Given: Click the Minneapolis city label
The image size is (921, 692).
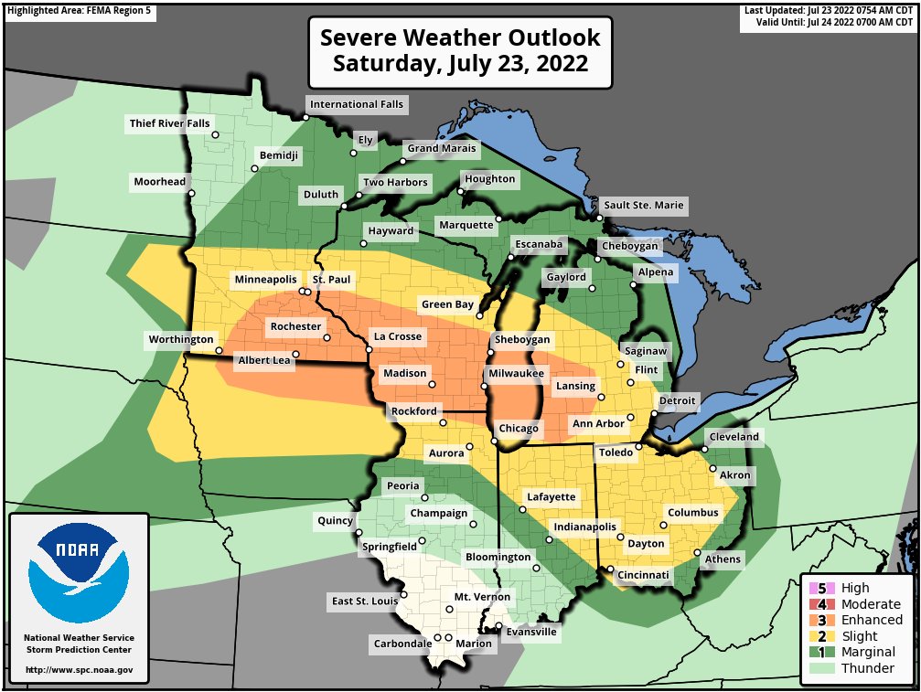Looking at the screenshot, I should tap(265, 279).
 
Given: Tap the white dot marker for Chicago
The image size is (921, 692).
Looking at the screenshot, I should tap(494, 442).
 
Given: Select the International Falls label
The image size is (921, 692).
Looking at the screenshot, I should tap(356, 104).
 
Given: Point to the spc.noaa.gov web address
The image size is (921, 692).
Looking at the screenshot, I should tap(79, 670).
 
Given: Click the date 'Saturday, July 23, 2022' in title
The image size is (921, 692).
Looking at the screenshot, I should tap(460, 64).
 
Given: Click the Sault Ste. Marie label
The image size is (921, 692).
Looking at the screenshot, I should tap(642, 205).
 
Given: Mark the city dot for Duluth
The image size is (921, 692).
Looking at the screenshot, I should tap(344, 207).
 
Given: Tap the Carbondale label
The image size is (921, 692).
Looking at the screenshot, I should tap(402, 644).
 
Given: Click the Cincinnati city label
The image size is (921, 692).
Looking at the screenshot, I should tap(645, 575).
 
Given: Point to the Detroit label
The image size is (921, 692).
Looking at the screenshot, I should tap(678, 400).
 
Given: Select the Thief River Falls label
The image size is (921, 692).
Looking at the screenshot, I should tap(169, 122).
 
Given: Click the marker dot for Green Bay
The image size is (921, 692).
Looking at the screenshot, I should tap(480, 315).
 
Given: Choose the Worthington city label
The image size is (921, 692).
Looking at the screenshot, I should tap(180, 339).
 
